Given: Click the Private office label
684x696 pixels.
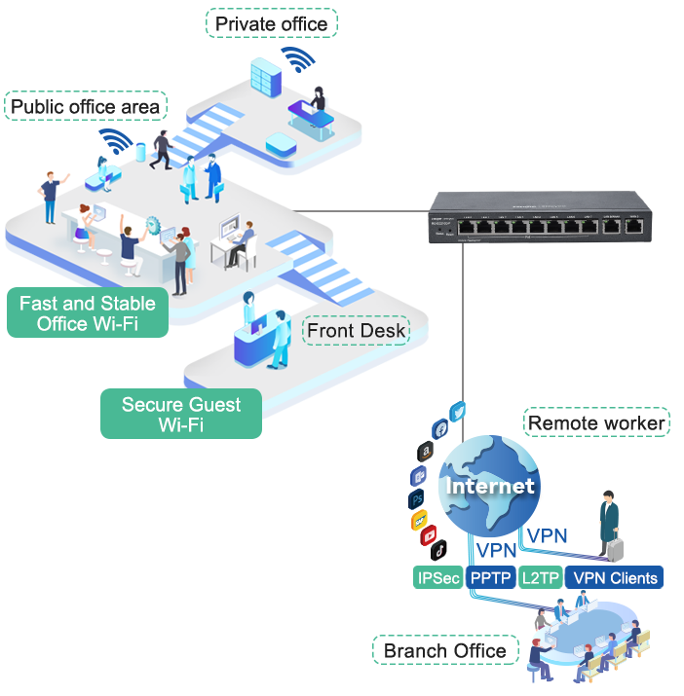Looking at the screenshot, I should point(271,23).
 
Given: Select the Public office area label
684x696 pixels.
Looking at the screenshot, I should point(85,106).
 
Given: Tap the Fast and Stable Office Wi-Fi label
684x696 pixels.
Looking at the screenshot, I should point(88,314).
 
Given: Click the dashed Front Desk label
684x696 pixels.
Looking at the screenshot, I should point(356,331).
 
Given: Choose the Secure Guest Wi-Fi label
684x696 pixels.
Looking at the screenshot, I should point(181,414).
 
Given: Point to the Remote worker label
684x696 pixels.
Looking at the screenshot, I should point(596,422).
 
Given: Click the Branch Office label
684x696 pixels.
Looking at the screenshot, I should point(444,650).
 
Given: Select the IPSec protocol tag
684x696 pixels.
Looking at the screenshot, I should point(437,578).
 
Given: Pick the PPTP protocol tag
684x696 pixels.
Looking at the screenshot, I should point(490,578).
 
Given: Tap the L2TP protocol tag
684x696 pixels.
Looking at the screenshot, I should point(540,578).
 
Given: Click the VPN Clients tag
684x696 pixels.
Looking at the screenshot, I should point(615,578).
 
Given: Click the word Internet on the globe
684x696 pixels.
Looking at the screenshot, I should point(490,485).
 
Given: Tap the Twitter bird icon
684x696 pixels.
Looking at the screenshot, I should point(459,412).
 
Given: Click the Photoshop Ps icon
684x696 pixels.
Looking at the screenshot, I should point(417,498).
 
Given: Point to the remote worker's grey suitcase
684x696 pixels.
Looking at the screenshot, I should point(615,548).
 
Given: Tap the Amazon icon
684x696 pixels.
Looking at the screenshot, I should point(426,451).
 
